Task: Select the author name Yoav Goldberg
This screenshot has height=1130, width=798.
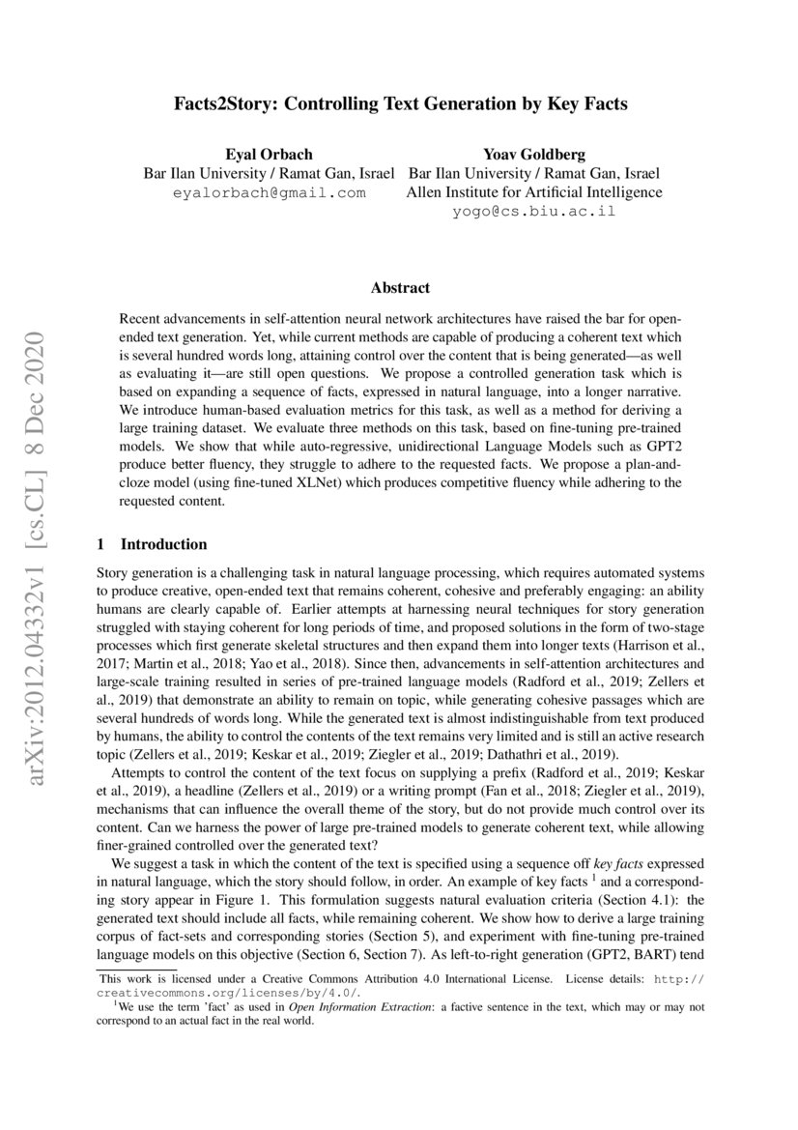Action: pyautogui.click(x=533, y=155)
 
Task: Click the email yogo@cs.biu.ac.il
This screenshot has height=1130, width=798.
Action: pyautogui.click(x=533, y=211)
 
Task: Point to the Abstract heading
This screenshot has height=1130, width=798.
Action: pyautogui.click(x=400, y=287)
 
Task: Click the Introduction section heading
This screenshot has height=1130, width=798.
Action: pyautogui.click(x=162, y=544)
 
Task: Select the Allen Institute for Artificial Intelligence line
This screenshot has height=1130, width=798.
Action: pyautogui.click(x=533, y=192)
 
